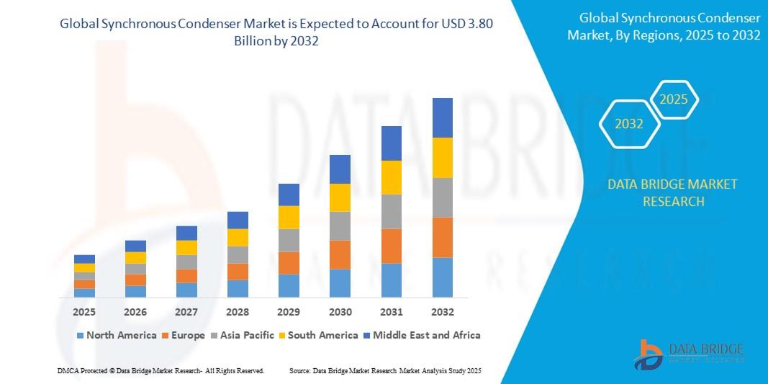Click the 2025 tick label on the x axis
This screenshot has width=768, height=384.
coord(84,312)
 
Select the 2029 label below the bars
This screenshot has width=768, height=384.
coord(289,312)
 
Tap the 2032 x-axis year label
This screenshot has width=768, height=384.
coord(442,312)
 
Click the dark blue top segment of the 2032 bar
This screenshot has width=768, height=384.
coord(442,117)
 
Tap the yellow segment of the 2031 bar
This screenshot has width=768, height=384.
coord(391,177)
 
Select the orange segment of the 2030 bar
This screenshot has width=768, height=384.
coord(340,254)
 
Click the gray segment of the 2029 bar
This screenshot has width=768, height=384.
coord(289,240)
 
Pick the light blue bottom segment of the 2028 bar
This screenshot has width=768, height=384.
coord(238,288)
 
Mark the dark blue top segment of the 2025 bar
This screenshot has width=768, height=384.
coord(84,259)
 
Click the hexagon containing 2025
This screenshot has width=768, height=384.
coord(674,99)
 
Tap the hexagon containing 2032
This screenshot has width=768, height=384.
coord(629,124)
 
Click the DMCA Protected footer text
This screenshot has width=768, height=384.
coord(161,370)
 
